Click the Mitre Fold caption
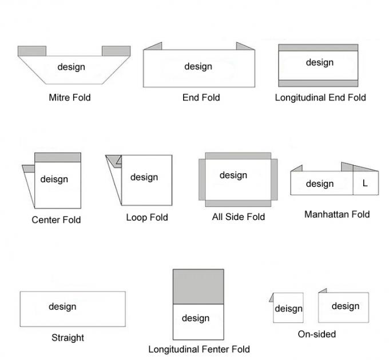click(70, 97)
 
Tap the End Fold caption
click(201, 97)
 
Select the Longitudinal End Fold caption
click(320, 97)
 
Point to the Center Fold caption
click(56, 219)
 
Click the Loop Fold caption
click(147, 217)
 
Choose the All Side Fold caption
click(239, 217)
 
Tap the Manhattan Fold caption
click(337, 214)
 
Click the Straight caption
click(68, 337)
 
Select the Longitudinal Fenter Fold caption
click(199, 349)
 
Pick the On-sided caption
click(317, 334)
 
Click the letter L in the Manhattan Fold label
click(365, 183)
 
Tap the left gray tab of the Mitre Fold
click(32, 51)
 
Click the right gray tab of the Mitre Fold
click(116, 51)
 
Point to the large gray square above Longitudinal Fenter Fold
click(199, 286)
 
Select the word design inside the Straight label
click(62, 306)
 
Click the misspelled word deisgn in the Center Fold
click(54, 179)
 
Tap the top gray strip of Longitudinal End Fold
click(318, 47)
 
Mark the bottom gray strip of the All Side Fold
click(238, 203)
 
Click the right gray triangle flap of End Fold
click(244, 46)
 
